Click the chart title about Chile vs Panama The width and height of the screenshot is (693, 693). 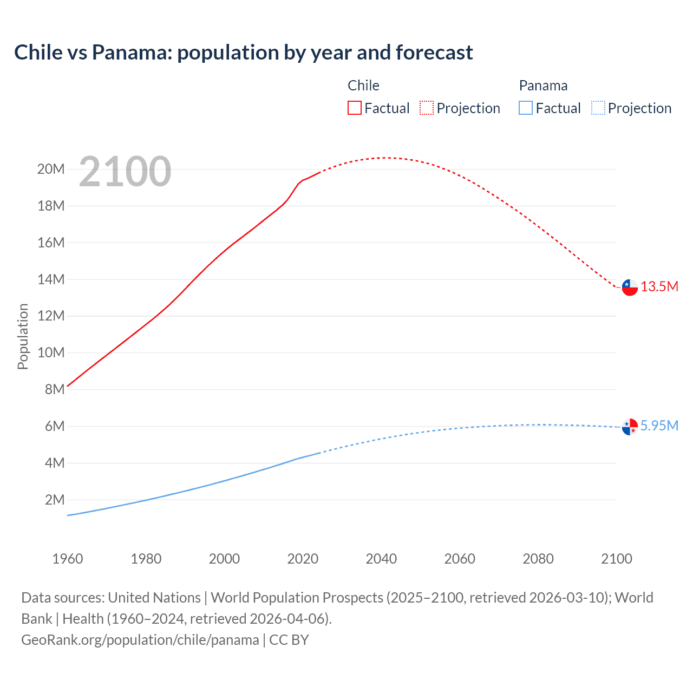tap(244, 53)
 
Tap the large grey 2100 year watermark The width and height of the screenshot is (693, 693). tap(125, 172)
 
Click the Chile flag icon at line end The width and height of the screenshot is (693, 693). tap(630, 287)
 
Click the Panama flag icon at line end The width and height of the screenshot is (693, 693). tap(630, 427)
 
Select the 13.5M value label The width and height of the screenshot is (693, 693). tap(659, 287)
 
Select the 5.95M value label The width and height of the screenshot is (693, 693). tap(659, 426)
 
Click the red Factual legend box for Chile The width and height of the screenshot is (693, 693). tap(355, 108)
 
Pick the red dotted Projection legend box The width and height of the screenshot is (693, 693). tap(427, 108)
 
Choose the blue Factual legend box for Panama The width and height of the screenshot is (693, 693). tap(526, 108)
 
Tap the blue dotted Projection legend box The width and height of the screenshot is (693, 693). tap(598, 108)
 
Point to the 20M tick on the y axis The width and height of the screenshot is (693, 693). tap(51, 169)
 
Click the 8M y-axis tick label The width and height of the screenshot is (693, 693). tap(55, 389)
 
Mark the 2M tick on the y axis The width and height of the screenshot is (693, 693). tap(55, 500)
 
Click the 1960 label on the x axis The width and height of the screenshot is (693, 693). tap(68, 559)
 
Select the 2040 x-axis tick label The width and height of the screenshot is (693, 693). tap(381, 559)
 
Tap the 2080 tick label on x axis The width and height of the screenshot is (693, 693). tap(538, 559)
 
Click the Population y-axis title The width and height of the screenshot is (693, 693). tap(23, 336)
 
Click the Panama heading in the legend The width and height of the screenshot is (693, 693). tap(543, 86)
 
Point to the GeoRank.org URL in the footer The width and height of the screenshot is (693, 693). tap(140, 640)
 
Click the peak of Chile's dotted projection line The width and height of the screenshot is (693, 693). tap(385, 158)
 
